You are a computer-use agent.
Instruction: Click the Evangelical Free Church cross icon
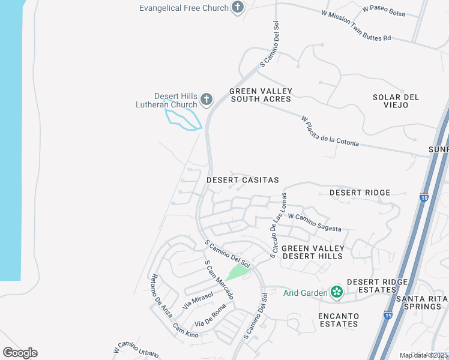coord(238,8)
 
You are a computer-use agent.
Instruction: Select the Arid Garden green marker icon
coord(337,292)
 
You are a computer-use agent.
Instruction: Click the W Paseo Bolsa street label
coord(384,12)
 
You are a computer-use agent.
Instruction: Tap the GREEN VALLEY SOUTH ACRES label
coord(261,95)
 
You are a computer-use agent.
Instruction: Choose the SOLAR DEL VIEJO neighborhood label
coord(396,101)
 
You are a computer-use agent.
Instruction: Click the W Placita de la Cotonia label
coord(330,131)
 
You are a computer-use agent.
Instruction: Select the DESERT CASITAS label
coord(243,180)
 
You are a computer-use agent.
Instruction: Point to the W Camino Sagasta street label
coord(315,223)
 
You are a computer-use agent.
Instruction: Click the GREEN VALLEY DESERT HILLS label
coord(313,252)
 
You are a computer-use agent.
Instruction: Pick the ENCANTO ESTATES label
coord(339,320)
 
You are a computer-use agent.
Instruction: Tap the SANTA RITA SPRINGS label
coord(422,302)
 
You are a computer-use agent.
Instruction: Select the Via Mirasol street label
coord(198,300)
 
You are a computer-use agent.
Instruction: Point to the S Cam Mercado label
coord(218,280)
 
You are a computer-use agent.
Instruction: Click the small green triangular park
coord(239,273)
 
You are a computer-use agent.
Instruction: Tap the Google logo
coord(20,353)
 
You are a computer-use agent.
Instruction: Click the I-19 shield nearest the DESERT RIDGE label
coord(424,197)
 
